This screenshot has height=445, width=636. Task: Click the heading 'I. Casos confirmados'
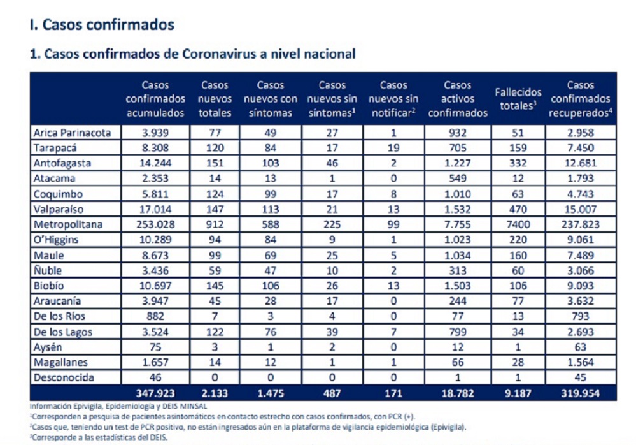pos(102,25)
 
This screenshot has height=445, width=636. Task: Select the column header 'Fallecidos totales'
pos(518,99)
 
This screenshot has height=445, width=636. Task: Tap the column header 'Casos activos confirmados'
pos(458,99)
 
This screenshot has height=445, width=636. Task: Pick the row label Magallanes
pos(61,362)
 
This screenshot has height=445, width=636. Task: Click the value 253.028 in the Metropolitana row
pos(155,224)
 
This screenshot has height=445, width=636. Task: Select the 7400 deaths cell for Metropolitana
pos(518,224)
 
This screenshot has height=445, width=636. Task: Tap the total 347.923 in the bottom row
pos(155,393)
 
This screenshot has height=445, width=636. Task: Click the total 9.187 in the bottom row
pos(518,393)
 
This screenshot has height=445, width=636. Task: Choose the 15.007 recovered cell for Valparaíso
pos(580,209)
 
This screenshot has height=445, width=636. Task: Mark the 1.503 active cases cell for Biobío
pos(458,286)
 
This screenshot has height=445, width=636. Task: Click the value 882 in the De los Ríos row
pos(155,316)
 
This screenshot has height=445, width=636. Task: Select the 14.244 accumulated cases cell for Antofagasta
pos(155,163)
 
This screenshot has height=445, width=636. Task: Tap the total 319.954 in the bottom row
pos(580,393)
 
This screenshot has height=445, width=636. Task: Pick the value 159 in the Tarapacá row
pos(518,147)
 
